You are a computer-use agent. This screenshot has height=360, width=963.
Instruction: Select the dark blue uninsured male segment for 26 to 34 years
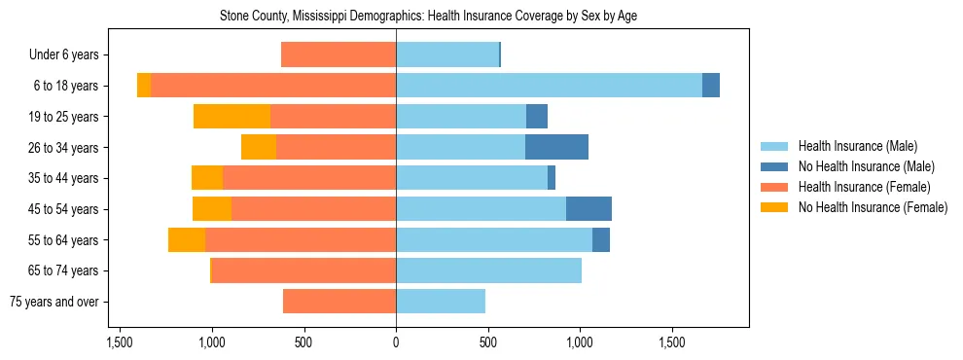pos(556,147)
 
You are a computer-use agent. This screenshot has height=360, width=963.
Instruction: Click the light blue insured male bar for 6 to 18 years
pos(549,86)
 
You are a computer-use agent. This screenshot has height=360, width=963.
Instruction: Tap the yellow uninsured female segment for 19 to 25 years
pos(232,117)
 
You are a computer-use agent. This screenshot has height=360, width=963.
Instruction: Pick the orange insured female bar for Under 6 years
pos(339,55)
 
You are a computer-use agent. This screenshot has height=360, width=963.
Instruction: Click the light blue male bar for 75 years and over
pos(441,302)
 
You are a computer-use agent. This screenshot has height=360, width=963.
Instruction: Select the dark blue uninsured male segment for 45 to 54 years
pos(588,209)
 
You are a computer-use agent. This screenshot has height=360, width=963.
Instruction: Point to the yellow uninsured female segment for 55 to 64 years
pos(187,240)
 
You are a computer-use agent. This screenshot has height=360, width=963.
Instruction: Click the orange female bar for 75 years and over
pos(339,302)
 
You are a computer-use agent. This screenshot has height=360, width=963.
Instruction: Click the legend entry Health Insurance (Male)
pos(857,146)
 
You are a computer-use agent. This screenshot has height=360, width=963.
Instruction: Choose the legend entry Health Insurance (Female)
pos(864,187)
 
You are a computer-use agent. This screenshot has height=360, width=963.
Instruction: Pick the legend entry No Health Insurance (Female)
pos(872,207)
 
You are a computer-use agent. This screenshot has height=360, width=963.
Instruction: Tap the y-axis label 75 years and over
pos(54,302)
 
